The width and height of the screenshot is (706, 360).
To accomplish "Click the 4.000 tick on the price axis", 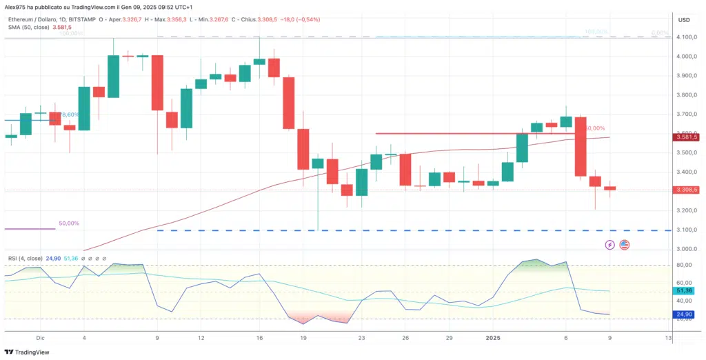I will pyautogui.click(x=685, y=57).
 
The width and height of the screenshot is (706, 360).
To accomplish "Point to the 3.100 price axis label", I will pyautogui.click(x=685, y=230).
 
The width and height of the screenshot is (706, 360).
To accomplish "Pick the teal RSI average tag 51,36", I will pyautogui.click(x=685, y=291).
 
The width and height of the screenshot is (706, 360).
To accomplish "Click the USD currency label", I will pyautogui.click(x=684, y=19).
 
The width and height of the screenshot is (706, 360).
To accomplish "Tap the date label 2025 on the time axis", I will pyautogui.click(x=492, y=338).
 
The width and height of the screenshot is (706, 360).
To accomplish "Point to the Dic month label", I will pyautogui.click(x=40, y=338).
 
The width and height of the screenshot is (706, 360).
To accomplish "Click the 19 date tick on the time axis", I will pyautogui.click(x=303, y=338).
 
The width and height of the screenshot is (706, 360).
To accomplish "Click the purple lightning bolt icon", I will pyautogui.click(x=609, y=244).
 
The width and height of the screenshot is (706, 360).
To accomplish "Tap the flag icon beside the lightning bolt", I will pyautogui.click(x=624, y=244).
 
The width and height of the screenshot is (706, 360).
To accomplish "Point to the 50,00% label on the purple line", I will pyautogui.click(x=69, y=223).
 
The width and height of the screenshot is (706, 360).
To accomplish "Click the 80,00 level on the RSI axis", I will pyautogui.click(x=684, y=265).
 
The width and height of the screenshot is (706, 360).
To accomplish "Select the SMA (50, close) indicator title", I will pyautogui.click(x=28, y=28).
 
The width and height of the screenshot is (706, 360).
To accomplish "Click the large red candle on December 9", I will pyautogui.click(x=157, y=83).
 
